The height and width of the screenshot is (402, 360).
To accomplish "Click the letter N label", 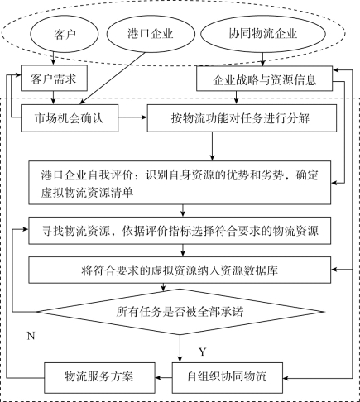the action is (31, 336).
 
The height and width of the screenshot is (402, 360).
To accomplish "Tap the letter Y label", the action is (203, 352).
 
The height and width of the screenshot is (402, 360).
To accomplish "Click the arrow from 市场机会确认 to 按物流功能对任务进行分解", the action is (132, 117).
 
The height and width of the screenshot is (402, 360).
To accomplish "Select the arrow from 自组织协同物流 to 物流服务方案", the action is (164, 377).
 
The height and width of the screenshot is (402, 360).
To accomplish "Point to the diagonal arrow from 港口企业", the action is (113, 79).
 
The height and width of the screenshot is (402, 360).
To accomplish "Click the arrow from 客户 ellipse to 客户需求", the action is (54, 59).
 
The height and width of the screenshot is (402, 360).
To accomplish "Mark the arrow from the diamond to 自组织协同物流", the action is (180, 348).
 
